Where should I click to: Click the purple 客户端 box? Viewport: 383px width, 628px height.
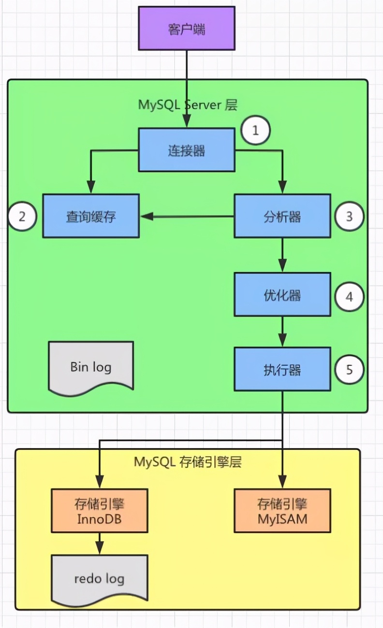tap(187, 28)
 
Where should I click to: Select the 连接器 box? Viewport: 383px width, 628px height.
tap(187, 150)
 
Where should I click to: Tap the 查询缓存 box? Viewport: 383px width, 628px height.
tap(91, 216)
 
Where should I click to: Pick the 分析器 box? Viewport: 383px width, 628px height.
tap(282, 216)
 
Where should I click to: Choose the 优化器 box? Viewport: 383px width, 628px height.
tap(282, 294)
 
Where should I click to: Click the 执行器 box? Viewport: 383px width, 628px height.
tap(282, 369)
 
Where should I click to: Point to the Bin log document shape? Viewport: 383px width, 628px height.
tap(91, 366)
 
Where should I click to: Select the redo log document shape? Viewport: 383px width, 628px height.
tap(99, 578)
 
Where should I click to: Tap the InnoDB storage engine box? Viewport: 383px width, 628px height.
tap(99, 511)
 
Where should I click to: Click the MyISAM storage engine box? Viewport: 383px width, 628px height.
tap(282, 511)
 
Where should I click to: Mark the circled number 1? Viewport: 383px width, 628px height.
tap(255, 130)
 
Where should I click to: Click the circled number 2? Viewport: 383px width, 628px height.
tap(22, 216)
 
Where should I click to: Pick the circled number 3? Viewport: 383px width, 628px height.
tap(350, 216)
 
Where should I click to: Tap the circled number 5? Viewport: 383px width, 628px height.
tap(350, 370)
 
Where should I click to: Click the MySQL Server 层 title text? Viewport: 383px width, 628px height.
tap(188, 105)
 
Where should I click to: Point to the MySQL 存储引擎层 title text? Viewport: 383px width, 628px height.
tap(188, 462)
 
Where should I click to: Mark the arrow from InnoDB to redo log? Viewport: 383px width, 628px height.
tap(99, 543)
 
